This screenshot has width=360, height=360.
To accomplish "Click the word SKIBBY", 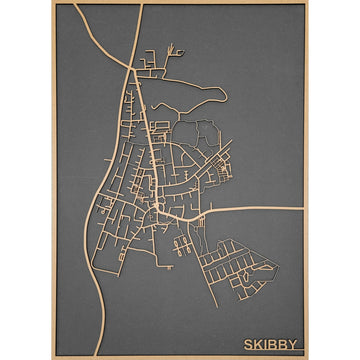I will click(x=270, y=344).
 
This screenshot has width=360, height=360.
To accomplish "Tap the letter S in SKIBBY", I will click(x=247, y=344).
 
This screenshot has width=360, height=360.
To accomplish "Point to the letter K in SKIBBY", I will click(x=257, y=344).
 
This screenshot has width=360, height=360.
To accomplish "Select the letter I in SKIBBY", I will click(x=265, y=344).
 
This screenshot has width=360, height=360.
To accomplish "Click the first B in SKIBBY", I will click(x=272, y=344).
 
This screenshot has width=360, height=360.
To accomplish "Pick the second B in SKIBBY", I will click(x=282, y=344).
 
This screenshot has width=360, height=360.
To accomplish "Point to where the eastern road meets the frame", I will click(x=303, y=209).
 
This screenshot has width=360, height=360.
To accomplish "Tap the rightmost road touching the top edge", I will click(x=142, y=6).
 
